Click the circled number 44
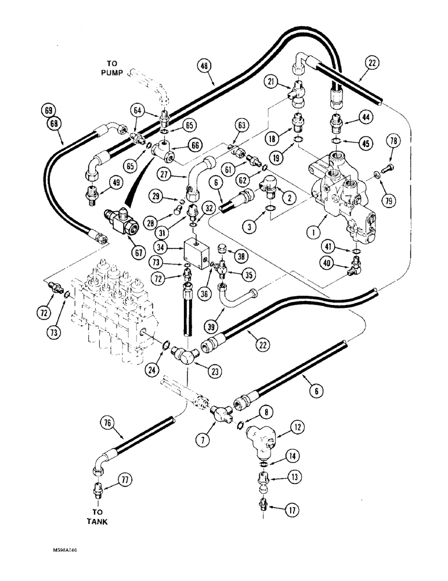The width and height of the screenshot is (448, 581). (x=365, y=118)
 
